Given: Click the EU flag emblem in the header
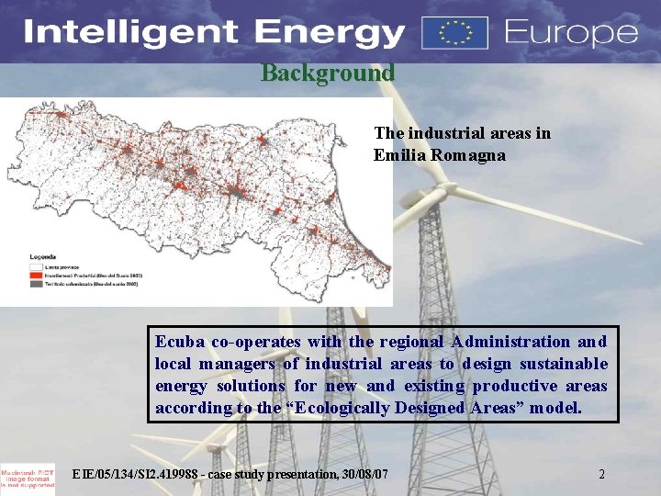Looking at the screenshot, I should click(454, 32).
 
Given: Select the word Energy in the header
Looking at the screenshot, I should click(318, 34).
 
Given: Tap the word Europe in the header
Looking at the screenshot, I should click(570, 34).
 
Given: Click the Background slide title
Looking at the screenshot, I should click(328, 73).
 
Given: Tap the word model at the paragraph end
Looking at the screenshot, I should click(556, 407).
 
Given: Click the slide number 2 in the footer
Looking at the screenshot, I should click(601, 474).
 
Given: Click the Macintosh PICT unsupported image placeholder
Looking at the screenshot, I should click(28, 477).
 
